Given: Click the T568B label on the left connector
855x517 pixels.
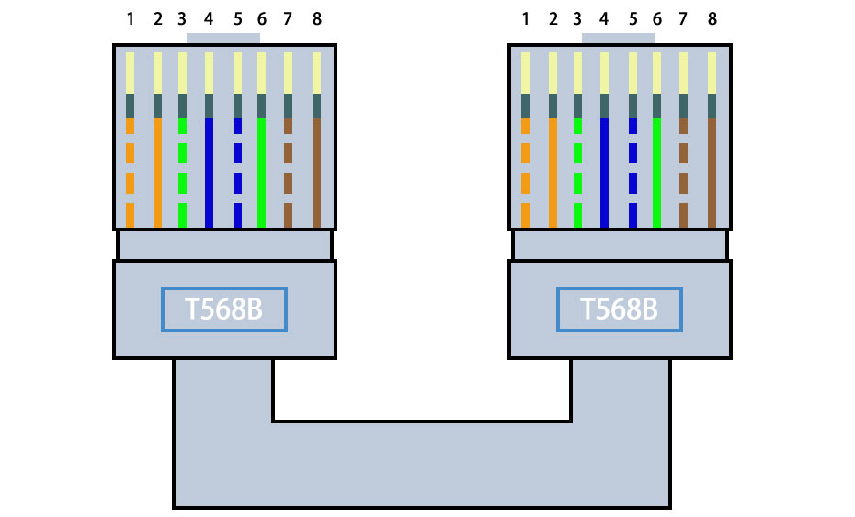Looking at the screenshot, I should (224, 309).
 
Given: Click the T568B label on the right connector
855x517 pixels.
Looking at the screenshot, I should (620, 309).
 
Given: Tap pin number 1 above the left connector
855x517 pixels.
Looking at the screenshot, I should (130, 18).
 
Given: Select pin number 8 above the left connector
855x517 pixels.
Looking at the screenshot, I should (317, 18).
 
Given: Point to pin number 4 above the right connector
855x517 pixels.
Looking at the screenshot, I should (604, 18).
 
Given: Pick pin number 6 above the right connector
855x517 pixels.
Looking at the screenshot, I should (657, 18).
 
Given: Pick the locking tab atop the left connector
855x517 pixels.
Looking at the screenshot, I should (223, 39).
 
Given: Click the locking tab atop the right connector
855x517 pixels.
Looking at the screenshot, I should (619, 39).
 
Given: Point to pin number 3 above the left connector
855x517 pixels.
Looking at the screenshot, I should (182, 18).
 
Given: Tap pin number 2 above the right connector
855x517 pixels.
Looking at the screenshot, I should (553, 18).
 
